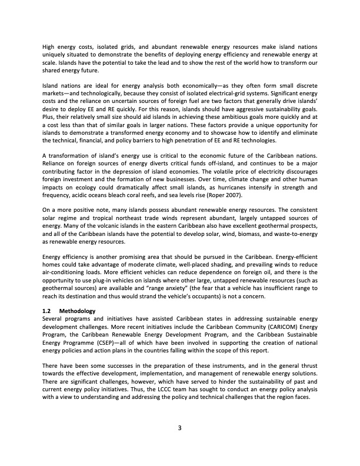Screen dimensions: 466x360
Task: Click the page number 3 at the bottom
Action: click(x=180, y=427)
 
